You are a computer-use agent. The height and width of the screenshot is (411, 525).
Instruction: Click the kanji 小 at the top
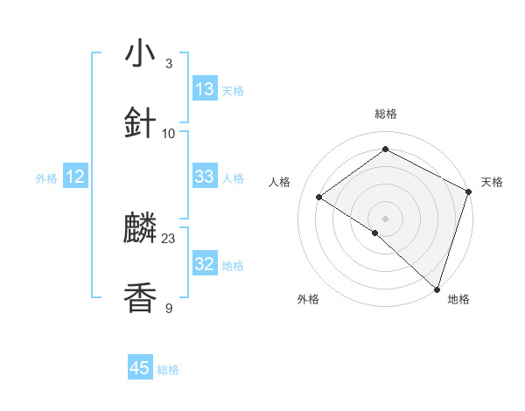coord(140,53)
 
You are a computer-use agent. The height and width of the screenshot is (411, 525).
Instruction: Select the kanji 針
coord(140,123)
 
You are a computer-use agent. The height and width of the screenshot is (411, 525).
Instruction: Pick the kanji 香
coord(140,298)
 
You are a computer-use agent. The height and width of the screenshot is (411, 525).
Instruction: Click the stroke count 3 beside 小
coord(169,63)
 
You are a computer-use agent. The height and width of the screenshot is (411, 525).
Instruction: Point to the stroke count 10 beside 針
coord(169,133)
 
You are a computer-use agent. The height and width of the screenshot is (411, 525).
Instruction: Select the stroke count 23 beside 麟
coord(169,238)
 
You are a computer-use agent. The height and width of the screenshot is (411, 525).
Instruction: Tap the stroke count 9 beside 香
coord(169,308)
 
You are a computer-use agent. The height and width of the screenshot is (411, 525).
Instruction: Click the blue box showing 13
coord(205,89)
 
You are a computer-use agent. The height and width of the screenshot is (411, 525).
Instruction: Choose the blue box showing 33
coord(205,177)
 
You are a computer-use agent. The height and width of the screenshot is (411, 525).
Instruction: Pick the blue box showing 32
coord(205,264)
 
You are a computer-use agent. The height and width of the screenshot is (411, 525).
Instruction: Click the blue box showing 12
coord(75,177)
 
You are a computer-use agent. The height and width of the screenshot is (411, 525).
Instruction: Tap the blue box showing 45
coord(140,368)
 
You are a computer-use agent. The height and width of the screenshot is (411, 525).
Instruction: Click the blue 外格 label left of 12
coord(46,178)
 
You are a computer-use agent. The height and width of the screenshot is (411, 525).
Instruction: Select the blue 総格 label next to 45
coord(168,369)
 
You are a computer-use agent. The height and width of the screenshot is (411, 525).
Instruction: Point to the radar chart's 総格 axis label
coord(385,114)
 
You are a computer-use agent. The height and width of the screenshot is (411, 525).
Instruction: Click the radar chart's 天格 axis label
coord(492,182)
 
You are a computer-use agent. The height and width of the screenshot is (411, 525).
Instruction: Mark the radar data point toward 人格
coord(319,197)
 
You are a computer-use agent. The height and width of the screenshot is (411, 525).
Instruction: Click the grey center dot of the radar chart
coord(385,218)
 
